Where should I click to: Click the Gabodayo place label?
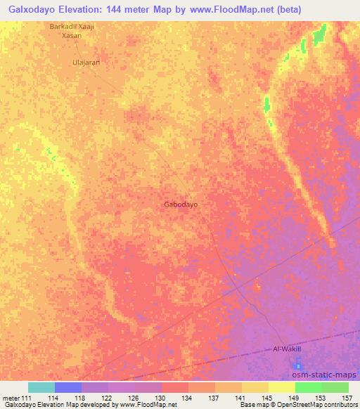pos(181,204)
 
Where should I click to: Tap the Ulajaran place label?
pos(86,63)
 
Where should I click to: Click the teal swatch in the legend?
pos(41,387)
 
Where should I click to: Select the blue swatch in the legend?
pos(68,387)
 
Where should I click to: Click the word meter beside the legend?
pos(11,398)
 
